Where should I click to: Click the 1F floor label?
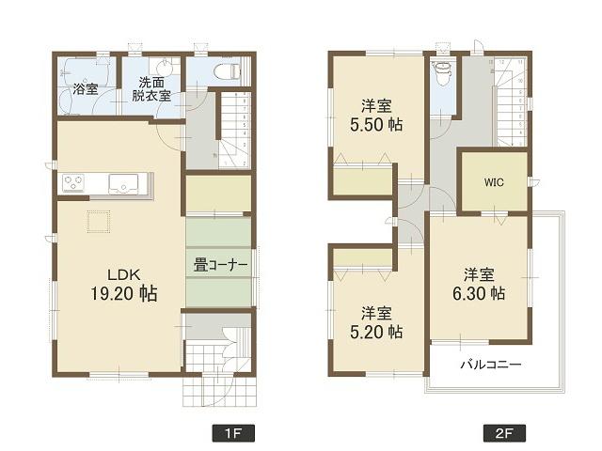coord(233,435)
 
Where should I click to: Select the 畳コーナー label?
coord(221,265)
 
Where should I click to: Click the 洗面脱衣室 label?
coord(150,88)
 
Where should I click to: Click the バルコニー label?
coord(490,363)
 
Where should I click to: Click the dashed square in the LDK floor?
coord(100,222)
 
